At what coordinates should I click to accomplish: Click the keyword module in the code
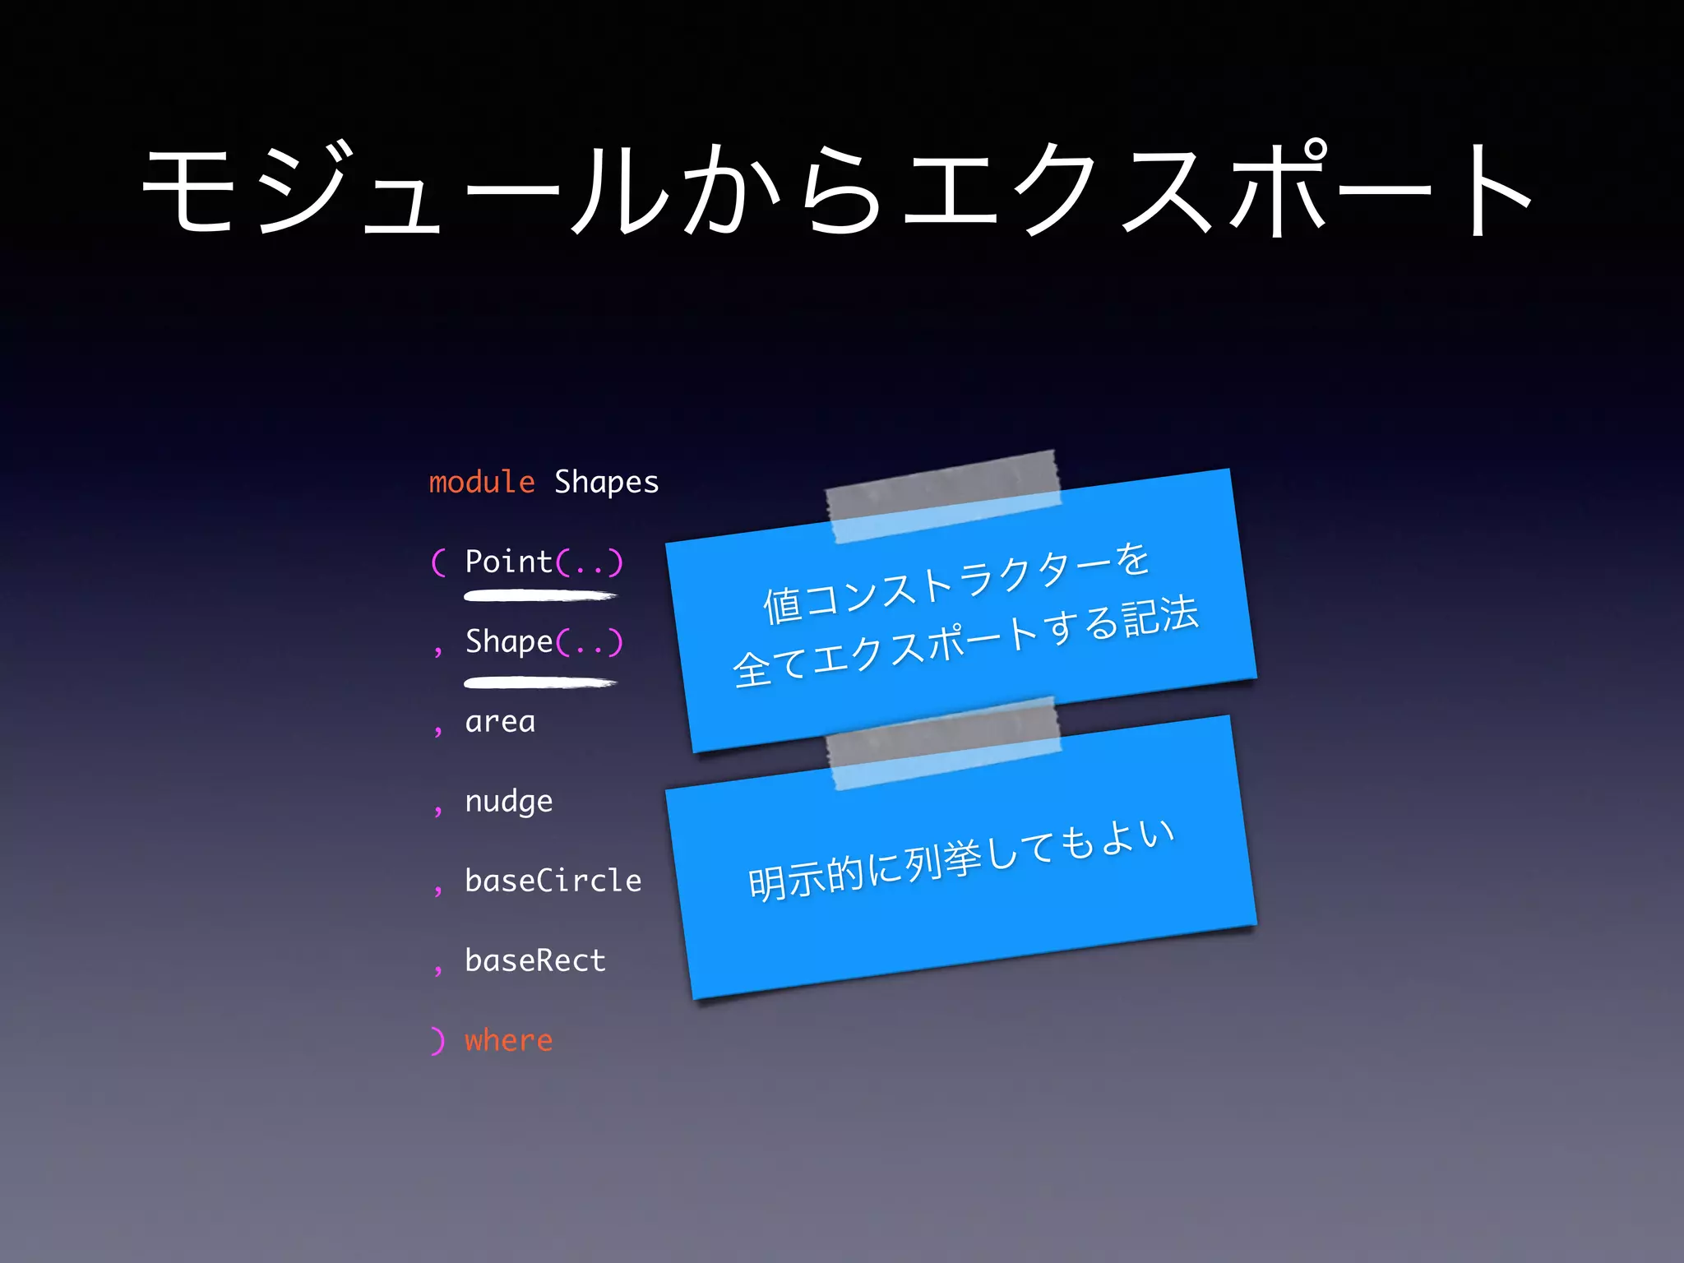(x=481, y=482)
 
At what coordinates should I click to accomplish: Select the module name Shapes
(x=606, y=483)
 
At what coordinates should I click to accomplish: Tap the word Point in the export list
(x=508, y=562)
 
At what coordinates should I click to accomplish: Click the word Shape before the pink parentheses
(x=508, y=641)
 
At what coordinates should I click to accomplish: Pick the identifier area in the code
(x=500, y=722)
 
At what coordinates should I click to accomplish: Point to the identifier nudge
(x=508, y=802)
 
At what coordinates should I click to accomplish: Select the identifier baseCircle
(x=553, y=881)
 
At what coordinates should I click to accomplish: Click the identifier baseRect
(x=534, y=960)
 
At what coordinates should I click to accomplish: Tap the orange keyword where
(x=508, y=1040)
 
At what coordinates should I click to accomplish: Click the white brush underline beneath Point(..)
(x=539, y=595)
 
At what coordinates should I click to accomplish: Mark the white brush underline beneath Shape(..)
(x=539, y=682)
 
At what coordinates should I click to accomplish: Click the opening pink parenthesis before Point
(x=438, y=562)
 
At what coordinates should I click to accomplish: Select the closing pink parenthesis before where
(x=438, y=1041)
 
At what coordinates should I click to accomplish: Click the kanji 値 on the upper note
(x=782, y=605)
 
